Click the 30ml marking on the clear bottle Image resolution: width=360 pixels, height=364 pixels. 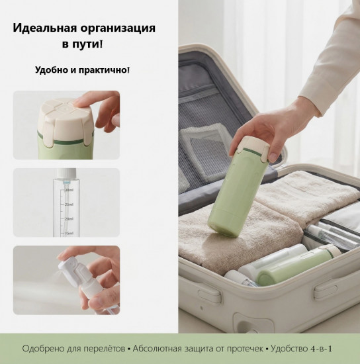click(68, 191)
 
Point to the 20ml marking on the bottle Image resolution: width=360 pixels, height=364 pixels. click(68, 218)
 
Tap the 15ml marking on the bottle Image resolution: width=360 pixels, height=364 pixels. click(68, 232)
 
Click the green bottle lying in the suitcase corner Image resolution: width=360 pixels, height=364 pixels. click(298, 263)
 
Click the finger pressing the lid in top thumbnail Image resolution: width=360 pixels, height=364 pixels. click(86, 101)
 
